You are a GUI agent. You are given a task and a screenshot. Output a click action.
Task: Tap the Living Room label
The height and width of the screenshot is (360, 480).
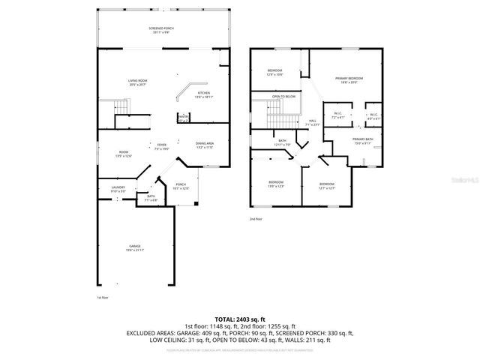pos(136,82)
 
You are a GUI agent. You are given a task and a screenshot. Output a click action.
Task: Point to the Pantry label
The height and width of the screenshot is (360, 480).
pos(183,118)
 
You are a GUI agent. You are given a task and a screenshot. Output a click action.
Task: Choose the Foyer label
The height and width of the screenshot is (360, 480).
pos(161,146)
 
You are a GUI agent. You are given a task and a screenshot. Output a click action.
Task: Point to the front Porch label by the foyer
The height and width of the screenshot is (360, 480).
pos(181,186)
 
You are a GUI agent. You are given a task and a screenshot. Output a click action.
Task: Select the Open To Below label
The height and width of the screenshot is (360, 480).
pos(283,97)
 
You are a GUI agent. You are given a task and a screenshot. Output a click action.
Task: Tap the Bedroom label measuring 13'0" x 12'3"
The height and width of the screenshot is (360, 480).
pos(276,184)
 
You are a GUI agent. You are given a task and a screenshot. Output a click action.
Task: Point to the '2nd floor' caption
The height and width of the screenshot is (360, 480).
pos(256,219)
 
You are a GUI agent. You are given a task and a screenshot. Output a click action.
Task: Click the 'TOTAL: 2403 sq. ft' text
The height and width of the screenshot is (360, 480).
pos(239,319)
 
